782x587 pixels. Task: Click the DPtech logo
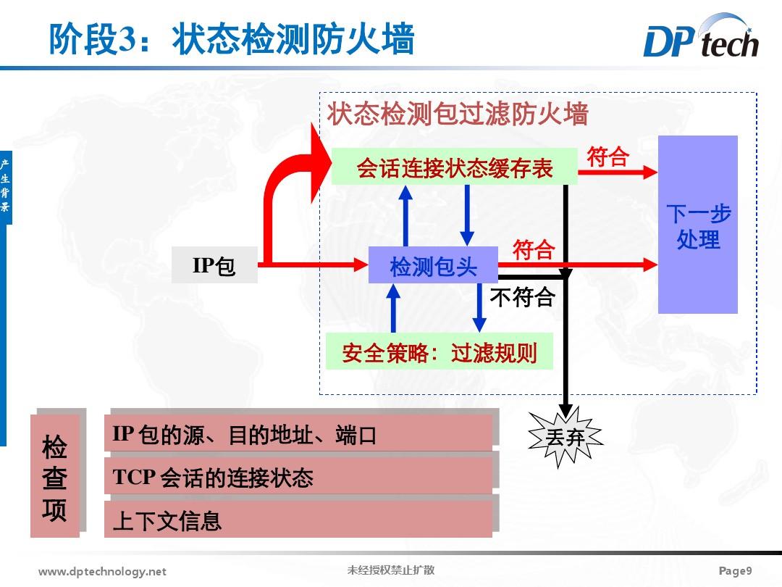(700, 38)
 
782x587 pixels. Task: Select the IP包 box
(214, 265)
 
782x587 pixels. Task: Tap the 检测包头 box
(433, 265)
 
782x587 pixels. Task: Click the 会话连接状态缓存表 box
(454, 168)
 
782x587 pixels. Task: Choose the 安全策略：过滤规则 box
(439, 352)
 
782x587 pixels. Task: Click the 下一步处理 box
(697, 225)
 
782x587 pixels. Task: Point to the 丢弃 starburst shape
(566, 437)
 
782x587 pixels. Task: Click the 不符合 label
(522, 297)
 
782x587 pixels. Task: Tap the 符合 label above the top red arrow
(607, 157)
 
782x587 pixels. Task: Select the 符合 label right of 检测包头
(534, 250)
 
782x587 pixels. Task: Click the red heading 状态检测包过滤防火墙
(458, 115)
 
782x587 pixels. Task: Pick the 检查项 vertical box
(55, 476)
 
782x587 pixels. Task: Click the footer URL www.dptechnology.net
(102, 572)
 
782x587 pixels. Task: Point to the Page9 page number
(736, 571)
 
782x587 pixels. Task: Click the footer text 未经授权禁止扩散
(391, 570)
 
